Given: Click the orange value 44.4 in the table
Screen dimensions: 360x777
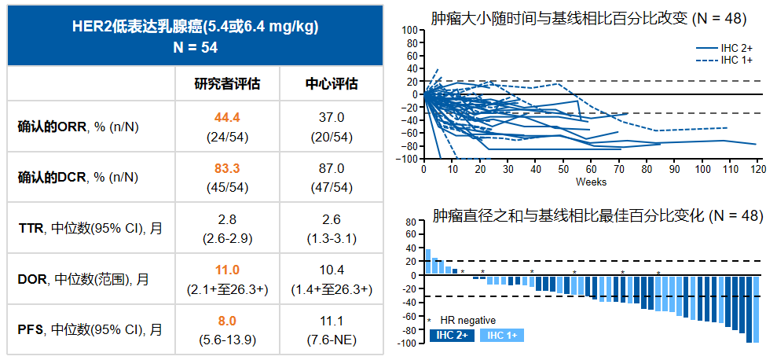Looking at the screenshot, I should [227, 118].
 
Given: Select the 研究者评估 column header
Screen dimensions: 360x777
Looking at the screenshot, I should [227, 83].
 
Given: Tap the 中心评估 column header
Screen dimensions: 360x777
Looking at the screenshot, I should [331, 83].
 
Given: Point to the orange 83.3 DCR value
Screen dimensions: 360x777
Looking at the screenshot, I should [227, 168].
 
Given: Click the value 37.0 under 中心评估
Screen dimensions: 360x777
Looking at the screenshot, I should [331, 118].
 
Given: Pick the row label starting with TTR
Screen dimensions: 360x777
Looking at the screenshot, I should [91, 228].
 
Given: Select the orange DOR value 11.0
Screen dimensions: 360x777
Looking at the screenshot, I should [227, 270].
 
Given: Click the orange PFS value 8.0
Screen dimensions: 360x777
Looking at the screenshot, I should [227, 320].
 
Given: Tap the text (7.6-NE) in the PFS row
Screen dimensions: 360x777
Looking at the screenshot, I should [331, 339].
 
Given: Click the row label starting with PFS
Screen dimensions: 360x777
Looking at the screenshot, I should [91, 329].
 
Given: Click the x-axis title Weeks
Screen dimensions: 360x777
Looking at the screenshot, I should [591, 182].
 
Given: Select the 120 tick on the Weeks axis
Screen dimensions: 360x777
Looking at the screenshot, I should [758, 169].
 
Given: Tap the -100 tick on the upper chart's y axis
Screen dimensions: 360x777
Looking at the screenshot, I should [409, 159].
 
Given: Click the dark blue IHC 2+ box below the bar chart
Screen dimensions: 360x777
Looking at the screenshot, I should [452, 336].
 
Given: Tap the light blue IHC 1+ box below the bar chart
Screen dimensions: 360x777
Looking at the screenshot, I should [503, 336].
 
